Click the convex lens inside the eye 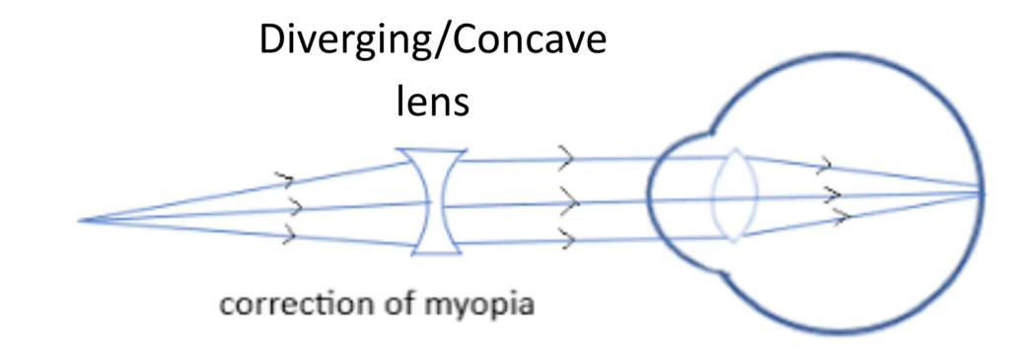click(733, 195)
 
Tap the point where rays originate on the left click(81, 219)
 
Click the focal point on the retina click(980, 192)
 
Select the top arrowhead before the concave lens click(286, 180)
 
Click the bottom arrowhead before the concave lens click(288, 235)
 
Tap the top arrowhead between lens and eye click(567, 156)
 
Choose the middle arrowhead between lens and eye click(569, 201)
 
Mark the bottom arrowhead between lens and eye click(568, 237)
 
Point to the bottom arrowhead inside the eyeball click(840, 216)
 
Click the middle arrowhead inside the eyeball click(832, 192)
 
